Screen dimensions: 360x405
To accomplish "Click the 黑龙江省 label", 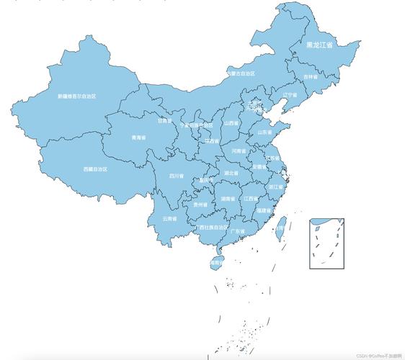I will [x=319, y=45].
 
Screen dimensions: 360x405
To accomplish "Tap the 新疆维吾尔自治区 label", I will [x=77, y=96].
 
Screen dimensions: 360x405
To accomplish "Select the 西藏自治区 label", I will [x=95, y=169].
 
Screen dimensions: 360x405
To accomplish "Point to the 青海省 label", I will [x=138, y=137].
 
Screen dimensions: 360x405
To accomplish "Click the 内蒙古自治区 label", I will [x=240, y=73].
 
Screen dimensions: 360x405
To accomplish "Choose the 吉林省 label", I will [x=309, y=76].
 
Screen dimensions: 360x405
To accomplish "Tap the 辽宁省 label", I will [x=290, y=94].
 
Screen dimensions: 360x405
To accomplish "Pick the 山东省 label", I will [x=265, y=132].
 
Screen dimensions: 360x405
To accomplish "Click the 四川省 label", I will [x=177, y=175].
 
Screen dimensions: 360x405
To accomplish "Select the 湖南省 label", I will [x=228, y=199].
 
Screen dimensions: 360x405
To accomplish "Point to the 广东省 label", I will [x=239, y=230].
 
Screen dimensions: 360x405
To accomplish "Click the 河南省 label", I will [x=240, y=151].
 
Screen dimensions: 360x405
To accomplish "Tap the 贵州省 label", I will [x=200, y=204].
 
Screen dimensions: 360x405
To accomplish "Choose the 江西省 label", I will [x=251, y=198].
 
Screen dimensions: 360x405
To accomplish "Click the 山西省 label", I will [x=231, y=123].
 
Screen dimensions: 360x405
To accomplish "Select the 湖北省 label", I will [x=231, y=173].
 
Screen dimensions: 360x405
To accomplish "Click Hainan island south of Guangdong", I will [x=215, y=260].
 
